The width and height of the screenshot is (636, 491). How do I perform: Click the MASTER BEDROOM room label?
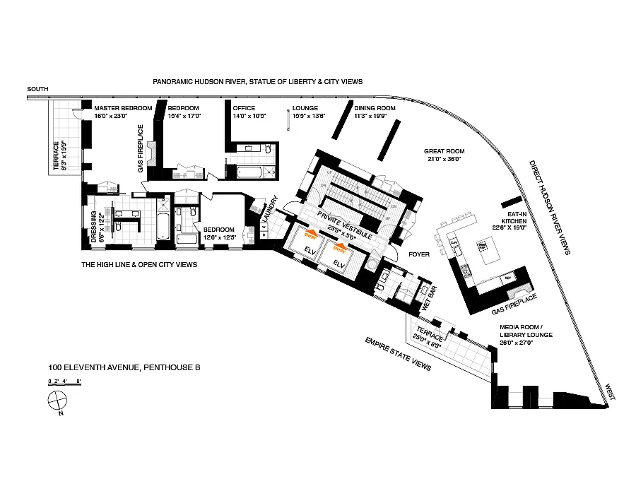(123, 108)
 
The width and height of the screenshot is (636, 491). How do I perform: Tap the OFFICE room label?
(244, 108)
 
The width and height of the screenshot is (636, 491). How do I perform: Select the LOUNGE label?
(305, 108)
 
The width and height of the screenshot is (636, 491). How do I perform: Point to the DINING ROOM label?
(375, 108)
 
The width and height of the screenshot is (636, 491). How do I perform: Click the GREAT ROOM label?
(444, 150)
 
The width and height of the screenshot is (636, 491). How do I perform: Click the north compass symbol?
(55, 403)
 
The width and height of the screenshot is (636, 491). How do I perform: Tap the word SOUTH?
(37, 89)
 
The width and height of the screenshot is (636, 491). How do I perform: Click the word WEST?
(609, 393)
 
